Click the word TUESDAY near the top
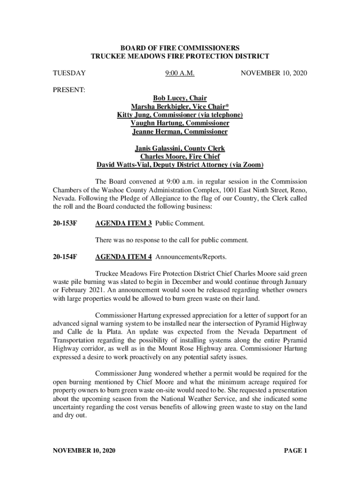click(69, 73)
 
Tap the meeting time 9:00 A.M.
click(180, 73)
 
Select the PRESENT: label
click(69, 89)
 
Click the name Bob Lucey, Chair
click(180, 98)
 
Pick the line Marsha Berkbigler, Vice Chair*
click(180, 107)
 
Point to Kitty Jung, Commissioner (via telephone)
click(180, 115)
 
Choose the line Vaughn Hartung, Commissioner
click(180, 123)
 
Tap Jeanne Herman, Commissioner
click(180, 132)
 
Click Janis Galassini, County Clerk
click(180, 148)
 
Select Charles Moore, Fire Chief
click(180, 157)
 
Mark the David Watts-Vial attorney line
click(180, 165)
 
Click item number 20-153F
click(65, 224)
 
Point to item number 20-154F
click(65, 257)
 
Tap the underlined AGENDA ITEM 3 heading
click(123, 224)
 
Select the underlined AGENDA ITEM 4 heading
click(123, 257)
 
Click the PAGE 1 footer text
click(295, 451)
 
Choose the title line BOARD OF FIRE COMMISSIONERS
click(180, 48)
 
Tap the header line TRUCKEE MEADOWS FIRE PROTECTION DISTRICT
click(180, 57)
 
